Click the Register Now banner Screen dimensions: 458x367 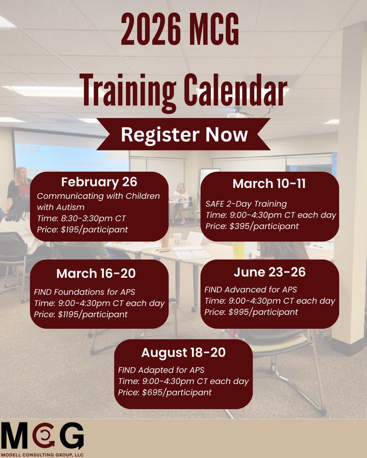click(184, 135)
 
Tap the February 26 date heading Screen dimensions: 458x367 click(99, 182)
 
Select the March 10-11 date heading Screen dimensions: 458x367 click(269, 184)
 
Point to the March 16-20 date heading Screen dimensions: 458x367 click(96, 273)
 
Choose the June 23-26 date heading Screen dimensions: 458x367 click(270, 272)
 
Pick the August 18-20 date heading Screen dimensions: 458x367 click(183, 353)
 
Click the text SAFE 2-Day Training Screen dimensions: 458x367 click(246, 204)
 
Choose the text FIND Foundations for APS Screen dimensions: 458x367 click(84, 292)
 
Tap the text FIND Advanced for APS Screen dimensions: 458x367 click(251, 289)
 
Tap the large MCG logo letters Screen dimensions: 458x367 click(42, 436)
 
